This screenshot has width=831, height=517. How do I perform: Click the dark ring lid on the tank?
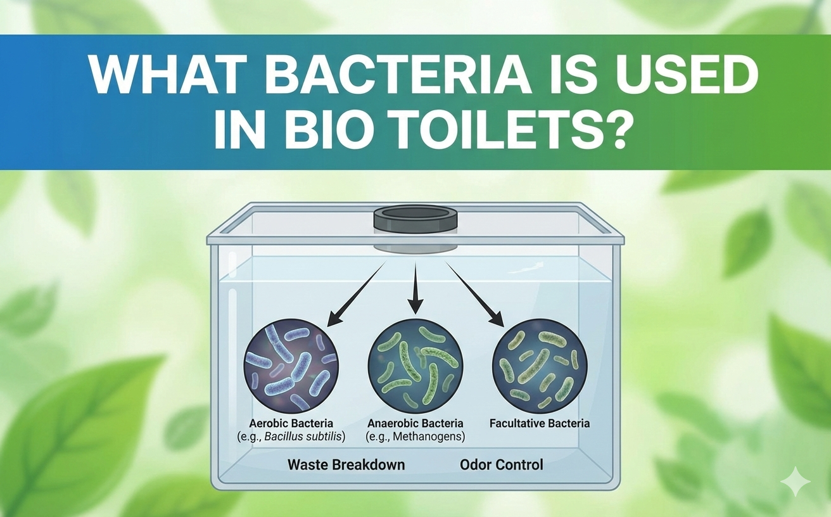[x=415, y=219]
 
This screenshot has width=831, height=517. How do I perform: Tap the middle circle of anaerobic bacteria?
[x=415, y=366]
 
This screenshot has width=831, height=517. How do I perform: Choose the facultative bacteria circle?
[x=540, y=366]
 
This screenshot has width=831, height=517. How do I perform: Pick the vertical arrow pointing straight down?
[x=415, y=288]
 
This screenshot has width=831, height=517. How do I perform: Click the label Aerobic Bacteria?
[x=291, y=423]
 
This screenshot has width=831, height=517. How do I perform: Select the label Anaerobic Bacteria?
[x=415, y=423]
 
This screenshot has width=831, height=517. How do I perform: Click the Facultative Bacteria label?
[x=540, y=423]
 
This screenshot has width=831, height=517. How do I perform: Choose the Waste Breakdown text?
[x=346, y=464]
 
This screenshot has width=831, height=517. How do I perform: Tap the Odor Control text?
[x=501, y=464]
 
